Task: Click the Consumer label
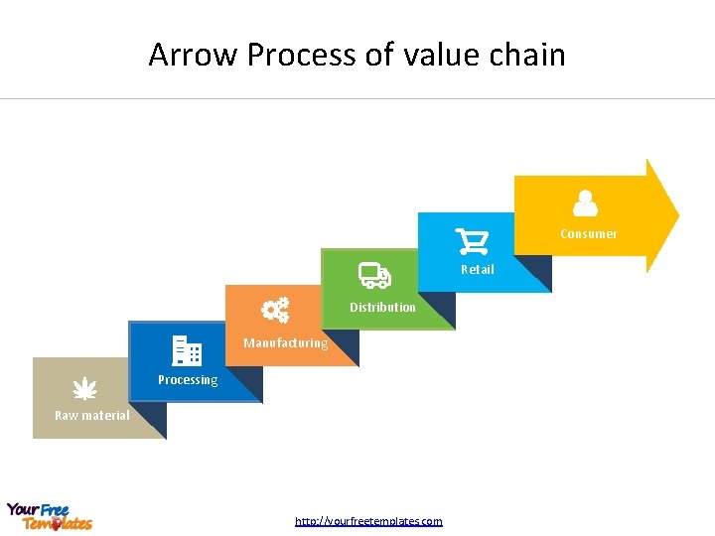click(x=588, y=234)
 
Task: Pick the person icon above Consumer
click(x=586, y=203)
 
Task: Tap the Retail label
click(x=477, y=270)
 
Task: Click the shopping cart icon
click(x=472, y=241)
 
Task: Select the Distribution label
click(x=382, y=308)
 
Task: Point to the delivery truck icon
click(x=374, y=276)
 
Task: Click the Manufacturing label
click(x=285, y=343)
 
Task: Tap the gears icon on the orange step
click(x=275, y=311)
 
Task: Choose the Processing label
click(x=188, y=380)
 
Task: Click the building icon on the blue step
click(x=187, y=350)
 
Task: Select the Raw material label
click(x=91, y=416)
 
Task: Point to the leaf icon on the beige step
click(x=85, y=387)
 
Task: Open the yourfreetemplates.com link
click(x=368, y=521)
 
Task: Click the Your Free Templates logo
click(x=49, y=516)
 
